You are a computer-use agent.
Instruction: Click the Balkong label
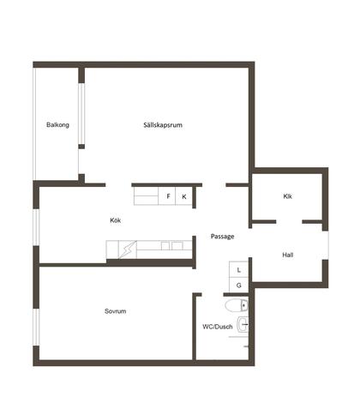tap(57, 125)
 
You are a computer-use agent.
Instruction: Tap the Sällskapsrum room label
tap(163, 125)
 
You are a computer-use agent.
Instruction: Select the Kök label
tap(116, 220)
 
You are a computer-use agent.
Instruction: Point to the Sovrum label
tap(115, 311)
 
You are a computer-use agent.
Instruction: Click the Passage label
tap(223, 237)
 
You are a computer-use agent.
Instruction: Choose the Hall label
tap(288, 255)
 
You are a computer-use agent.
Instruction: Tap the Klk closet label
tap(288, 196)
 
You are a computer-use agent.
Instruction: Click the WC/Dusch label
tap(218, 327)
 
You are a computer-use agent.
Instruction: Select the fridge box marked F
tap(167, 196)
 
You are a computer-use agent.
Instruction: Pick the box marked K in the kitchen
tap(183, 196)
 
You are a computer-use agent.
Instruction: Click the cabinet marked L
tap(238, 269)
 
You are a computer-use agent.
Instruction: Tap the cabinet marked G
tap(238, 285)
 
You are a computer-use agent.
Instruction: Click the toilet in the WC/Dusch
tap(237, 305)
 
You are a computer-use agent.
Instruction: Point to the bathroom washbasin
tap(243, 324)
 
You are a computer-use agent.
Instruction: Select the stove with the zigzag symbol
tap(128, 250)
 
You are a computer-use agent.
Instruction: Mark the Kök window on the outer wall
tap(36, 227)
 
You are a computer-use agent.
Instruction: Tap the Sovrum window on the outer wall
tap(36, 328)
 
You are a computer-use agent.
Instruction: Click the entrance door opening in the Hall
tap(326, 245)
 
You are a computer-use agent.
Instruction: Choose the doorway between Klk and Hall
tap(289, 222)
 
